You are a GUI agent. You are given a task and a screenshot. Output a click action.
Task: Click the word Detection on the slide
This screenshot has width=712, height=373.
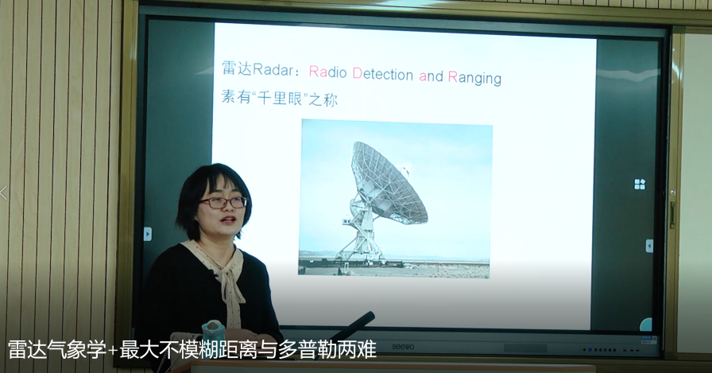tap(383, 74)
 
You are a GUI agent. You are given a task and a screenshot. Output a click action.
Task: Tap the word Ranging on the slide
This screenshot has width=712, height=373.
tap(474, 77)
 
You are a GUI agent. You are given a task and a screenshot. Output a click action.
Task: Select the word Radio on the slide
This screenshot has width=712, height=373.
tap(328, 72)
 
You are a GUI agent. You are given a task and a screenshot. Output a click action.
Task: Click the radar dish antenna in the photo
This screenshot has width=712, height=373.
tap(389, 183)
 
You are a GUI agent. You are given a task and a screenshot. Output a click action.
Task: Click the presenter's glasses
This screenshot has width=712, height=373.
tap(222, 203)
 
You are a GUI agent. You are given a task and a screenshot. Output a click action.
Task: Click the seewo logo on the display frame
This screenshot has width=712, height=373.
tap(403, 347)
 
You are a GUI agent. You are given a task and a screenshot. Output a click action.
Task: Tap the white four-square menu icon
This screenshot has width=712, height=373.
tap(640, 184)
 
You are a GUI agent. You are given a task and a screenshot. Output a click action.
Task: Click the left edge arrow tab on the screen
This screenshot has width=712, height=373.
tap(148, 234)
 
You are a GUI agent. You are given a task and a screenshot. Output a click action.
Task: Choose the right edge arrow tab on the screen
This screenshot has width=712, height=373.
tap(649, 246)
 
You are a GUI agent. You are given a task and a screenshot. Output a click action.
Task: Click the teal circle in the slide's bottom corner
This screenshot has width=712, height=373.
tap(647, 324)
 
